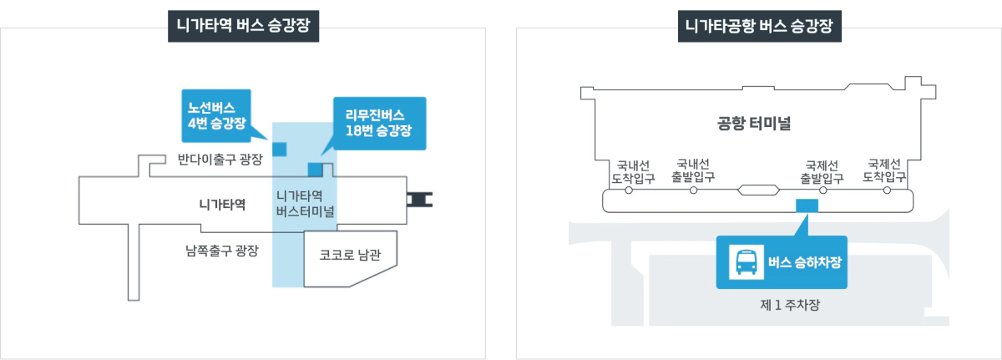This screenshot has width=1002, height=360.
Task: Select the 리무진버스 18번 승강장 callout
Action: tap(379, 123)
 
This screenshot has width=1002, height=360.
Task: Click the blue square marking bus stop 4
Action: tap(279, 149)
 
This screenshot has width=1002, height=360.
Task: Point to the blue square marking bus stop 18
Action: tap(315, 170)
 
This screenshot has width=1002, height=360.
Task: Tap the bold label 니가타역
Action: tap(222, 203)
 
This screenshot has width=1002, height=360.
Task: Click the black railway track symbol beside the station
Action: tap(420, 199)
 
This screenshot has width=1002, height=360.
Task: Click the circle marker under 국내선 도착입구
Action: tap(629, 190)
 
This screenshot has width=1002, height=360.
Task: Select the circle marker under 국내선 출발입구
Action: tap(693, 190)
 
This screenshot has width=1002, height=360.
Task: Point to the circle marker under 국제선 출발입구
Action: tap(822, 190)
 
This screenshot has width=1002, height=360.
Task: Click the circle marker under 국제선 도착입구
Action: tap(885, 190)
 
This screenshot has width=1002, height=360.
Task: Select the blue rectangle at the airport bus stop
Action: tap(807, 205)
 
